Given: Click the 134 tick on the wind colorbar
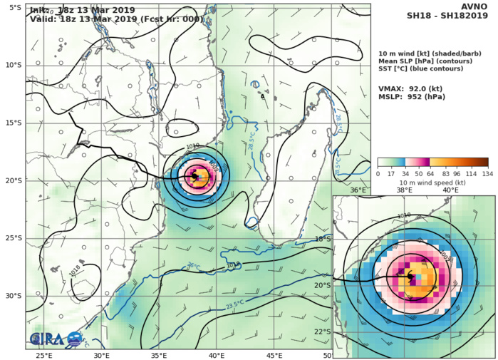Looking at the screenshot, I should coord(488,173).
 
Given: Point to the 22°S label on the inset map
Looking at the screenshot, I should coord(343,331).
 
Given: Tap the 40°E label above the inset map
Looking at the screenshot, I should coord(450,190).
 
